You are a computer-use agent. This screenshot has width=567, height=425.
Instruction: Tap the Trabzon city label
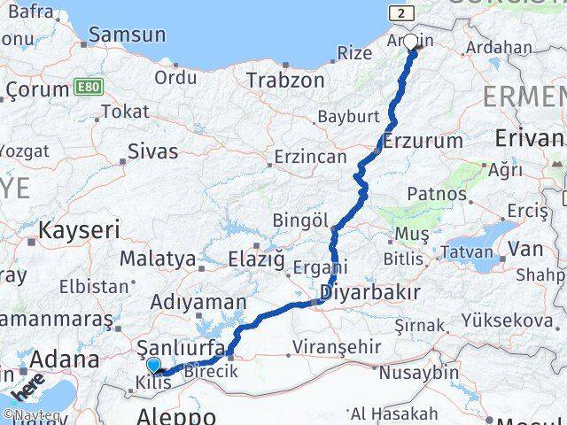pyautogui.click(x=285, y=80)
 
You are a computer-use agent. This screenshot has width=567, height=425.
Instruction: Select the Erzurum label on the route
pyautogui.click(x=423, y=141)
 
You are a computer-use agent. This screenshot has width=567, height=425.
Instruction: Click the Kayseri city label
pyautogui.click(x=74, y=230)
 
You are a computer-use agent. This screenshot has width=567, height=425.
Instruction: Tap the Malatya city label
pyautogui.click(x=157, y=259)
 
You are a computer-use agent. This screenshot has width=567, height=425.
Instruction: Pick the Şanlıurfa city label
pyautogui.click(x=178, y=347)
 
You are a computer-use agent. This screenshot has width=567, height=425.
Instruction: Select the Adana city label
pyautogui.click(x=64, y=360)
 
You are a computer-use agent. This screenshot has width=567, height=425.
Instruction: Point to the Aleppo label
pyautogui.click(x=177, y=415)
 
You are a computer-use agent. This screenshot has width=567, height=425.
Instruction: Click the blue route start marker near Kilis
pyautogui.click(x=153, y=365)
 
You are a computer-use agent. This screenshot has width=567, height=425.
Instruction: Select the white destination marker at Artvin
pyautogui.click(x=410, y=41)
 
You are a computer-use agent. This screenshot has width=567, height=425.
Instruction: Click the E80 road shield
pyautogui.click(x=86, y=88)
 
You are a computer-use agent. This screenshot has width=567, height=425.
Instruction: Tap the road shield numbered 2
pyautogui.click(x=402, y=13)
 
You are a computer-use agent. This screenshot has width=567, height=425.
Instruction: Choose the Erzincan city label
pyautogui.click(x=310, y=157)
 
